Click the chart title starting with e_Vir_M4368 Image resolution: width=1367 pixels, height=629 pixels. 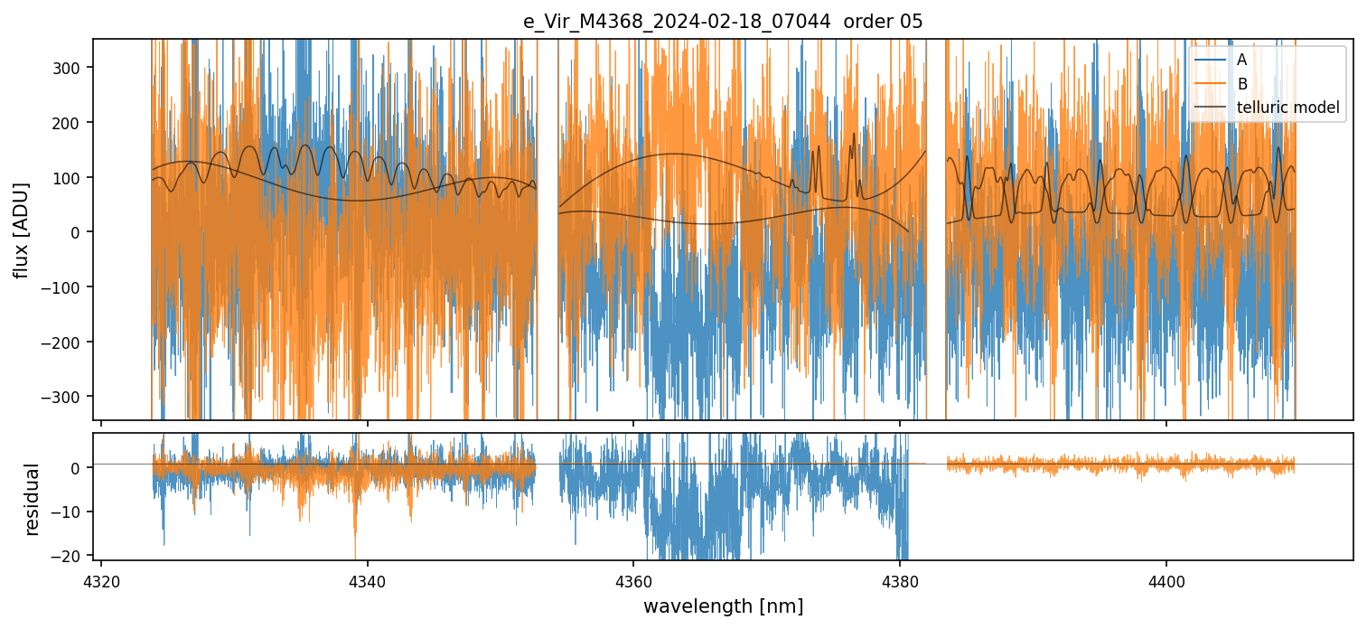pos(723,22)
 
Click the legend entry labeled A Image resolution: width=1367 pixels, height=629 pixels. pos(1241,61)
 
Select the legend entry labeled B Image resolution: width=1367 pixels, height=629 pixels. pos(1242,85)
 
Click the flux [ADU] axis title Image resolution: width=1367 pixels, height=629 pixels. pos(21,230)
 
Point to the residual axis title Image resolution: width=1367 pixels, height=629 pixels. pos(33,499)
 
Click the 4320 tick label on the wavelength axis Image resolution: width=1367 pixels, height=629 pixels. pos(101,578)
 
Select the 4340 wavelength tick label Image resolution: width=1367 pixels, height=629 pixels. pos(368,578)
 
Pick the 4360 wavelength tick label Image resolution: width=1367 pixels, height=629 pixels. pos(633,578)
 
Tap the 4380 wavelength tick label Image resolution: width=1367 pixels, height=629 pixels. pos(900,578)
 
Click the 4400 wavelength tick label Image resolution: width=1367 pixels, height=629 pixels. pos(1166,578)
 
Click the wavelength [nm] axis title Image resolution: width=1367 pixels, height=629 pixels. pos(723,606)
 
